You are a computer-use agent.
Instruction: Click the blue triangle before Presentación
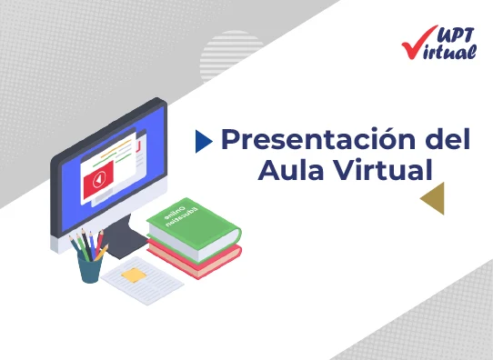(204, 141)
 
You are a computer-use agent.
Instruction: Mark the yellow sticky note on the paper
(133, 274)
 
